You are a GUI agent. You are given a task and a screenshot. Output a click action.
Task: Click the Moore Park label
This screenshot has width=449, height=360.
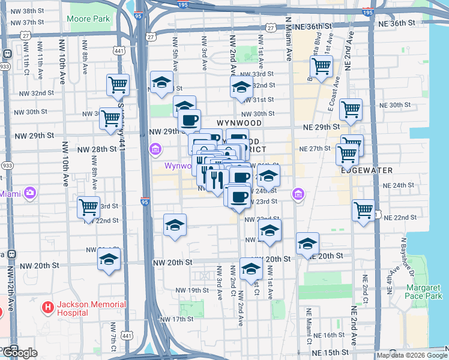point(89,19)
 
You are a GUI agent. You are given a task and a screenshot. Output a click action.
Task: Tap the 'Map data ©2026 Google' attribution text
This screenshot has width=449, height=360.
point(412,355)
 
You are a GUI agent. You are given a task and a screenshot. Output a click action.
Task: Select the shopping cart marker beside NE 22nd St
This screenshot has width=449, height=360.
point(363,211)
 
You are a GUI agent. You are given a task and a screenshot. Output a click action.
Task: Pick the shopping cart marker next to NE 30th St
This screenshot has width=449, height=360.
point(351,109)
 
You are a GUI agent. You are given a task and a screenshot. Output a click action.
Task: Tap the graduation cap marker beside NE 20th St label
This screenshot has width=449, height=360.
point(307,244)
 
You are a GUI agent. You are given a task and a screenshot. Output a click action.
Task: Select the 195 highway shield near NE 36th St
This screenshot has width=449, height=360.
point(368,12)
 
